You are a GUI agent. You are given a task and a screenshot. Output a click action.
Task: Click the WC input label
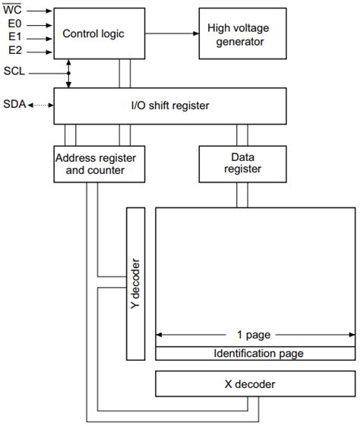pos(13,11)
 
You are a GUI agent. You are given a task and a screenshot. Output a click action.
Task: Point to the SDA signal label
pos(14,104)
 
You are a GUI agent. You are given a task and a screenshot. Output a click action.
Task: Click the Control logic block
pos(93,34)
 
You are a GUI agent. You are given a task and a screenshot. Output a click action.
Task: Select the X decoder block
pos(254,384)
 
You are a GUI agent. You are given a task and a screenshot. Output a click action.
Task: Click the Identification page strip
pos(254,353)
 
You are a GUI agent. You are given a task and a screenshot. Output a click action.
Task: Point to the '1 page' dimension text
pos(253,334)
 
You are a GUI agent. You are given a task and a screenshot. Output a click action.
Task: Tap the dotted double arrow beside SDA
pos(39,104)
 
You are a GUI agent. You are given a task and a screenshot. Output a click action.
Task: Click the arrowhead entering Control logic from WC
pos(49,11)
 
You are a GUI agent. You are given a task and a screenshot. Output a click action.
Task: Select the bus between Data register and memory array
pos(241,194)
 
